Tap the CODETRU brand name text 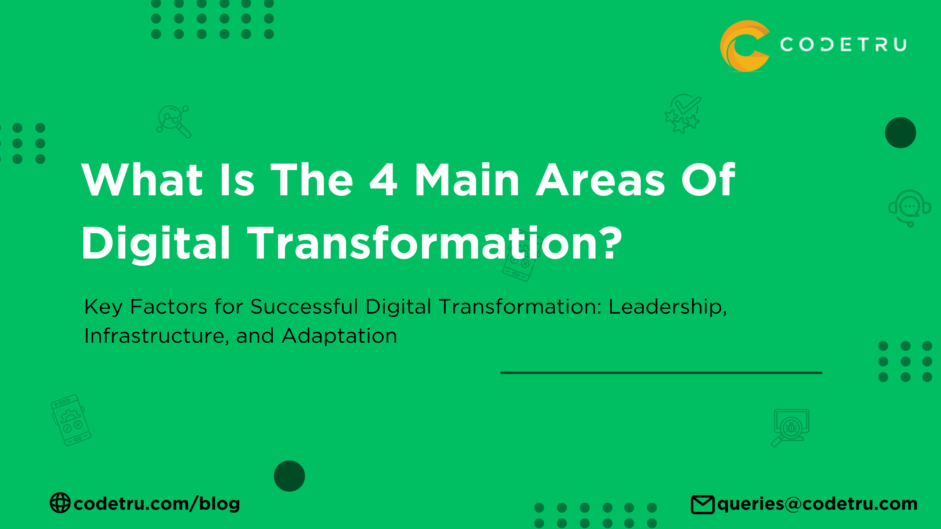843,44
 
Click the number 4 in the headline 383,180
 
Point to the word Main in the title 467,180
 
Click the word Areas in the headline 600,180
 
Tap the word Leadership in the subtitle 667,307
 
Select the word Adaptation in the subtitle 339,336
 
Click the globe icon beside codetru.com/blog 60,503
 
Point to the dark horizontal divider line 661,373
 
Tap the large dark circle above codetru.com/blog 289,476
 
